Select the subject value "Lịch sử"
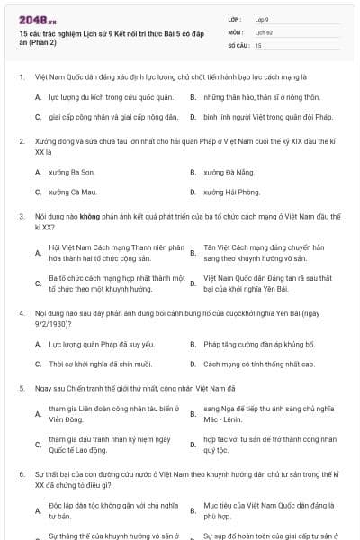pos(265,31)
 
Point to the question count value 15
pos(258,44)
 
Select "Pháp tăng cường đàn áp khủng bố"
pos(247,345)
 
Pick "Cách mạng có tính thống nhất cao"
pos(247,364)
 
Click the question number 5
pos(21,388)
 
